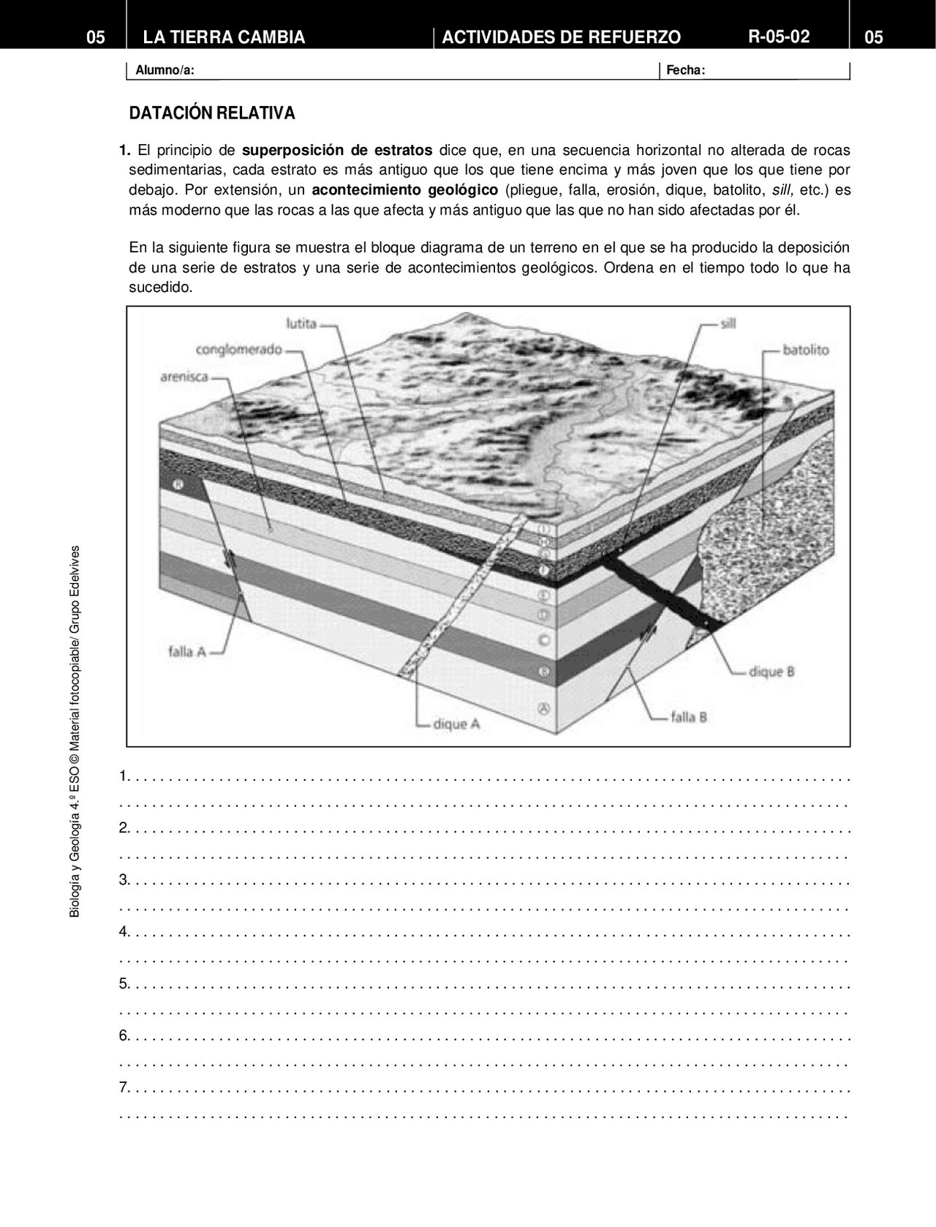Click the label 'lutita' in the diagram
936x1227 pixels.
click(x=301, y=323)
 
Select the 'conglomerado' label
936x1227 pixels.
click(x=238, y=349)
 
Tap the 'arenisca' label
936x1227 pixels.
click(x=184, y=377)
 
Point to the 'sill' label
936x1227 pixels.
click(x=728, y=323)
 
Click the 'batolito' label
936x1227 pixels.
click(x=806, y=350)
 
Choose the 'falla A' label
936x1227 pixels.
click(x=186, y=650)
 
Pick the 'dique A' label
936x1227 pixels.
click(x=456, y=724)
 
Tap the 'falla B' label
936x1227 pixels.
click(x=688, y=717)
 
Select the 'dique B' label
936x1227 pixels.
click(x=771, y=671)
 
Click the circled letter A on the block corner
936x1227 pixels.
click(x=543, y=708)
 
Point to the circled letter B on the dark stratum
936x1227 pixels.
click(x=543, y=671)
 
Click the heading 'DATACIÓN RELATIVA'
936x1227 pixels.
click(x=212, y=113)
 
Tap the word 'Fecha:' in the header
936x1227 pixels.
click(x=685, y=70)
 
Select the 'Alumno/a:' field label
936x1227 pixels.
click(x=165, y=70)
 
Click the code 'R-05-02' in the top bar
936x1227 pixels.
click(x=779, y=37)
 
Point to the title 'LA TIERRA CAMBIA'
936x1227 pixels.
click(x=224, y=37)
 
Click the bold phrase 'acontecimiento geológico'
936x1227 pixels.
click(x=404, y=190)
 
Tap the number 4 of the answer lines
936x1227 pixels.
click(x=124, y=931)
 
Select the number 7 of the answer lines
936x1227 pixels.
click(x=124, y=1087)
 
